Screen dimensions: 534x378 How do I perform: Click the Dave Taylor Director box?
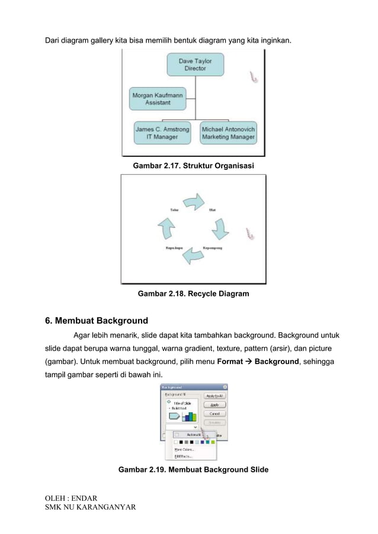[x=195, y=64]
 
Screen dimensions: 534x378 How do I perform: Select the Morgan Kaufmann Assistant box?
[x=157, y=98]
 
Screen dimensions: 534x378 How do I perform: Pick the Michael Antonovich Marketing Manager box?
[x=228, y=133]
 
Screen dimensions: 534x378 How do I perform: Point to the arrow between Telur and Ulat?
[x=193, y=203]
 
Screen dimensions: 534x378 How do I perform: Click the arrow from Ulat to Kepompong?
[x=219, y=228]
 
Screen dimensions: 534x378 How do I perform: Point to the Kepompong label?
[x=213, y=247]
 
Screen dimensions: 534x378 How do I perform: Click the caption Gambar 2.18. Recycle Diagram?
[x=193, y=293]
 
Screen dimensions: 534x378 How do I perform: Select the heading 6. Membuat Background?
[x=97, y=321]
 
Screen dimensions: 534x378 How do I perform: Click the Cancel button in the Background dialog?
[x=213, y=414]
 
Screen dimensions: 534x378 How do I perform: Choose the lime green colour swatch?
[x=212, y=442]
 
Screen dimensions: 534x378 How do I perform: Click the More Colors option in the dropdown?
[x=184, y=449]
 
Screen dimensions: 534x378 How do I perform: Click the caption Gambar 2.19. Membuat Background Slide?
[x=193, y=469]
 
